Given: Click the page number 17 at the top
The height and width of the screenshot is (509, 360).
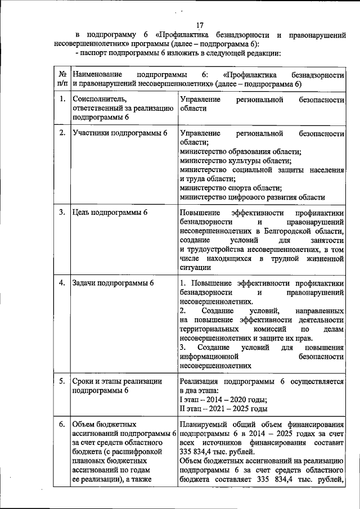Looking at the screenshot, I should [199, 25].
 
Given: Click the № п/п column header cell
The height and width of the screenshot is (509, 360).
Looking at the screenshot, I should [61, 79].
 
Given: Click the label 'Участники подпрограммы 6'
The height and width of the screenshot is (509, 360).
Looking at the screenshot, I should [120, 133].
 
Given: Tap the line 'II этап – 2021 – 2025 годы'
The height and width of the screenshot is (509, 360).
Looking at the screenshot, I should [223, 408].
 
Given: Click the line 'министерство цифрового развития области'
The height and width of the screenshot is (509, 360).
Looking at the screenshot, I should [252, 197].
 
